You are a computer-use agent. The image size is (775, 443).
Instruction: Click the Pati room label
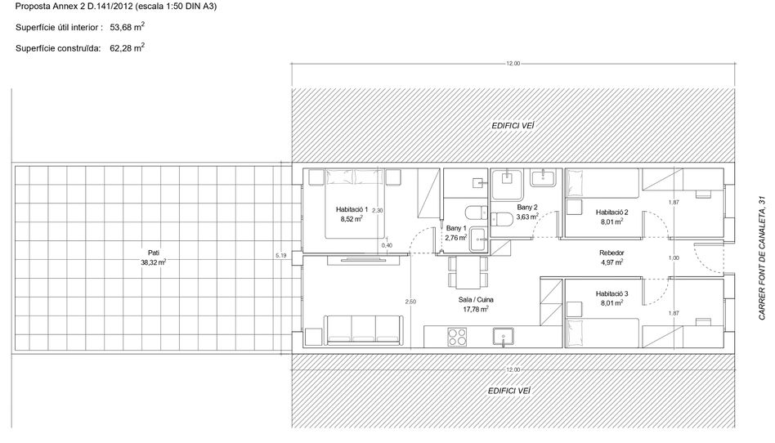pos(153,253)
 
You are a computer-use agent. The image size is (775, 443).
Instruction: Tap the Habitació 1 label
pos(352,209)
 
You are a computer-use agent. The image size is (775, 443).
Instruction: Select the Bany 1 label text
pos(455,228)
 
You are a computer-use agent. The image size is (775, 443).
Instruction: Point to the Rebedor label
pos(611,253)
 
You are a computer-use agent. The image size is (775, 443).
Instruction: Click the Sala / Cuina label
pos(476,300)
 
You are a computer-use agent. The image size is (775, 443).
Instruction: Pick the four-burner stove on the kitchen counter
pos(457,337)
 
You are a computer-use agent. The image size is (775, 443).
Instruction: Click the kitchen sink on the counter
pos(503,338)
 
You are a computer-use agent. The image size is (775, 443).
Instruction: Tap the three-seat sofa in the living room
pos(362,329)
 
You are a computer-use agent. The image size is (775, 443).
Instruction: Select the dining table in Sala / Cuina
pos(468,272)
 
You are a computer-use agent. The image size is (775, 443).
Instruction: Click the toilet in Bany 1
pos(476,213)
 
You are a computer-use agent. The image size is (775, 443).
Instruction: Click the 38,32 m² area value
pos(153,262)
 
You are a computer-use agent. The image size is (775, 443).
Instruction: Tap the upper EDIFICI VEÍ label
pos(513,126)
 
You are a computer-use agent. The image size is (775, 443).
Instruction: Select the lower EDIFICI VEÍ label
pos(509,391)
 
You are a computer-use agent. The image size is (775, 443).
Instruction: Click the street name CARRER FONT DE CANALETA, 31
pos(762,257)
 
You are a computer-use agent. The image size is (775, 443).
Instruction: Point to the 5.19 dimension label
pos(280,256)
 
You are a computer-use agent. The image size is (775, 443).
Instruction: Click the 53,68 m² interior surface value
pos(127,27)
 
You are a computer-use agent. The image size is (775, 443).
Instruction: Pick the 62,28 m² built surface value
pos(127,48)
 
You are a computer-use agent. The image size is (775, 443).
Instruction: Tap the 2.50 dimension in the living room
pos(410,302)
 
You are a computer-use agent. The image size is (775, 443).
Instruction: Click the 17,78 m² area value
pos(476,310)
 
